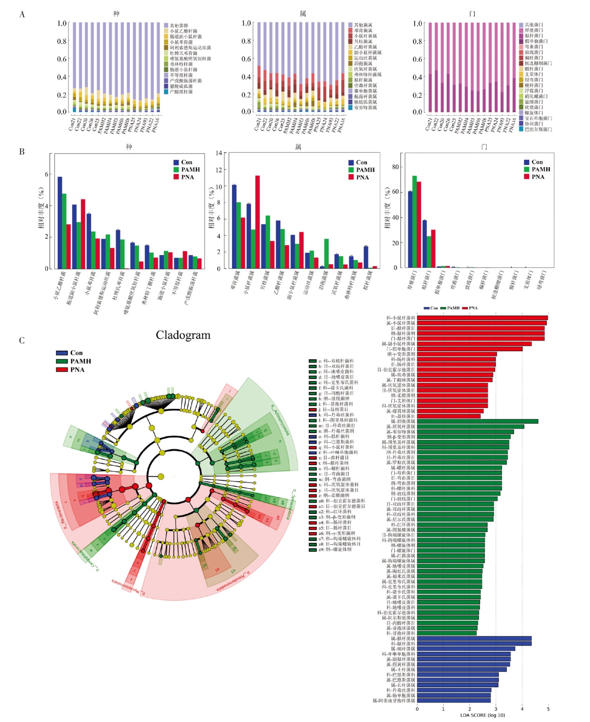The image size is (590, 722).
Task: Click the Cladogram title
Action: coord(183,335)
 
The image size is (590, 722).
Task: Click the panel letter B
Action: coord(22,151)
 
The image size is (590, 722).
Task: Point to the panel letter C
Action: coord(22,341)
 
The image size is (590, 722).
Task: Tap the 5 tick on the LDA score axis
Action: coord(548,709)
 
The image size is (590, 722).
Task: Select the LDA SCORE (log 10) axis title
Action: coord(482,715)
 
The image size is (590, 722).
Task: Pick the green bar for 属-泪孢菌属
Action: coord(477,421)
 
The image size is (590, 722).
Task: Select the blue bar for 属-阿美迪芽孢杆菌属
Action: coord(454,701)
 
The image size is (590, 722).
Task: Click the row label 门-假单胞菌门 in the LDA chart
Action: coord(401,349)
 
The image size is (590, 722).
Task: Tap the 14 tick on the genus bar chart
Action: coord(219,153)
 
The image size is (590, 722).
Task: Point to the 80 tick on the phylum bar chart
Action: coord(396,167)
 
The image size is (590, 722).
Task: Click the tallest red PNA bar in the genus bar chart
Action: coord(258,222)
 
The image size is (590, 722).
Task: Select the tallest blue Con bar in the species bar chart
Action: coord(60,223)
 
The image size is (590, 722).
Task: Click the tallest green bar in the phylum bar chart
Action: coord(414,222)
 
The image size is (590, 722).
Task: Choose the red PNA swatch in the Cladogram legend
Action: coord(62,369)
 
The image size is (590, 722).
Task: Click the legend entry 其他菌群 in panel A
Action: coord(179,26)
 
